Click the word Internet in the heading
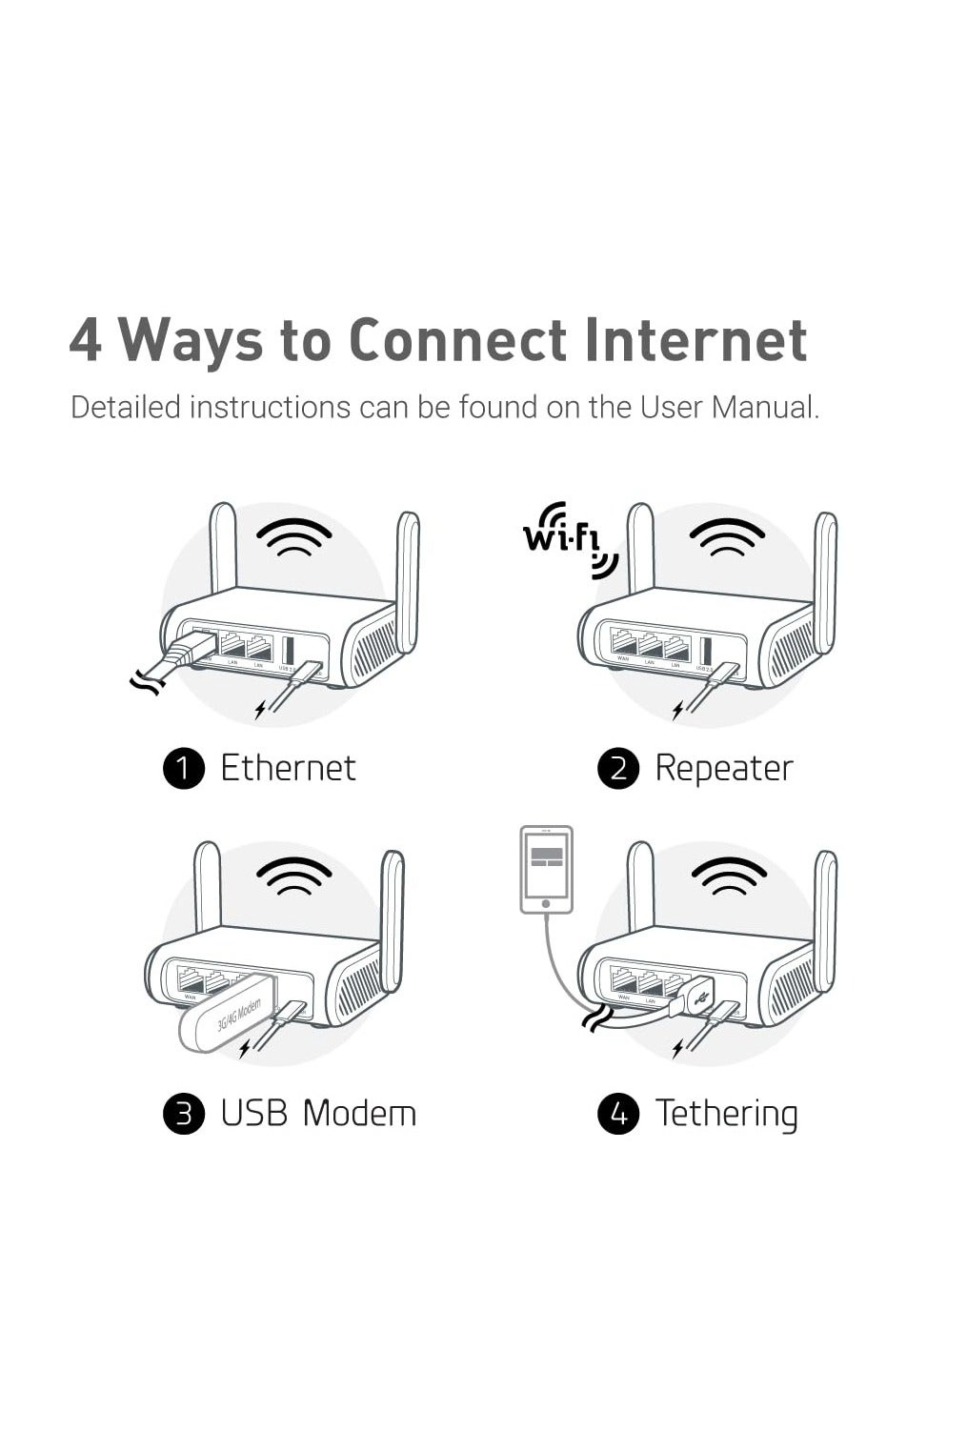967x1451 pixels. click(695, 340)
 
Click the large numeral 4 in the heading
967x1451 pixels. click(86, 340)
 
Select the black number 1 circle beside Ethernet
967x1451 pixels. click(184, 769)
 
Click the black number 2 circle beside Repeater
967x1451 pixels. click(617, 769)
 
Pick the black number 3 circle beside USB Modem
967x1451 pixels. click(184, 1114)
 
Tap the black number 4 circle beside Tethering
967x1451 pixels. click(617, 1114)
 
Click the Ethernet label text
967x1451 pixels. click(288, 768)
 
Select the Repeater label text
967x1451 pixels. click(723, 768)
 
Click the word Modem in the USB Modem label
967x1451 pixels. click(359, 1113)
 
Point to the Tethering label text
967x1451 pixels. click(726, 1113)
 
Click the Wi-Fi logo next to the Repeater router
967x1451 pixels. click(569, 541)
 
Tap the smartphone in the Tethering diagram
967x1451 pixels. click(546, 869)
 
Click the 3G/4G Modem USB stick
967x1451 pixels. click(230, 1016)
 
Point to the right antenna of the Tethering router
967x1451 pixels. click(826, 919)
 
